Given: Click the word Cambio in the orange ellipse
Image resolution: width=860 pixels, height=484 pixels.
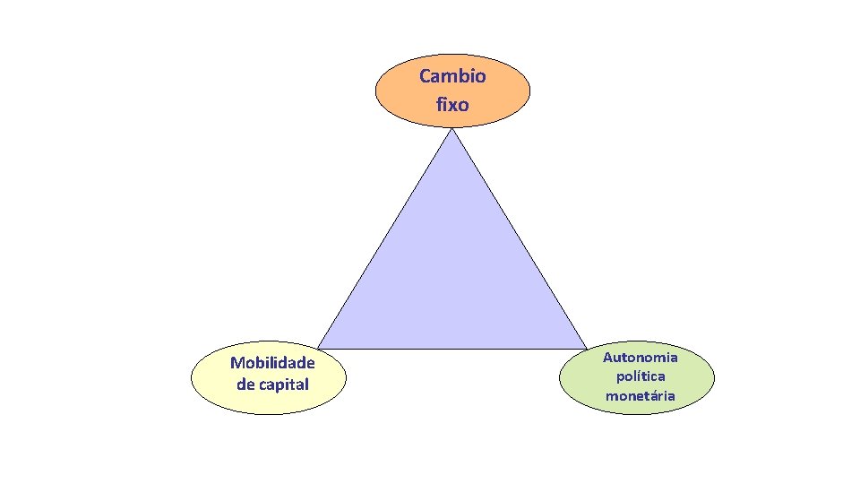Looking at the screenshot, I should coord(452,76).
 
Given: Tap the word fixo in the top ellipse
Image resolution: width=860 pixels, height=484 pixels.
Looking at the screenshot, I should coord(452,105).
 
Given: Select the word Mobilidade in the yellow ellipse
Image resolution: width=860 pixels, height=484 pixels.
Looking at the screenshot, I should coord(272,363).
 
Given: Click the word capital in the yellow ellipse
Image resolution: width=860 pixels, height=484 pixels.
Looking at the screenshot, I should coord(284,385).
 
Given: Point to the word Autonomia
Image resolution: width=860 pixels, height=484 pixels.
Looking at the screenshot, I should coord(640,358).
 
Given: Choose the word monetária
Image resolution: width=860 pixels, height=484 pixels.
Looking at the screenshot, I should coord(640,395).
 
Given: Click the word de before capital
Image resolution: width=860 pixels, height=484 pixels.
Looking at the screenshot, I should coord(245,385).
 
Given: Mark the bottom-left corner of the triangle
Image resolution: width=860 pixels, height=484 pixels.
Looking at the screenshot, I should coord(318,348).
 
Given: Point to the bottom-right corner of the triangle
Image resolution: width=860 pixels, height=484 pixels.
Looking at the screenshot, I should coord(587,348).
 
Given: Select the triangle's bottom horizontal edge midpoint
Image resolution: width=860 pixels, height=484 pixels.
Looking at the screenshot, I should coord(452,349).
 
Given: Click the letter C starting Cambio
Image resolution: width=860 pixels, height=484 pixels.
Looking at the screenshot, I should coord(425,76).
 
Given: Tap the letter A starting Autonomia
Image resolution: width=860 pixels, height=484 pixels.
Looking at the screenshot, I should coord(607,358).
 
